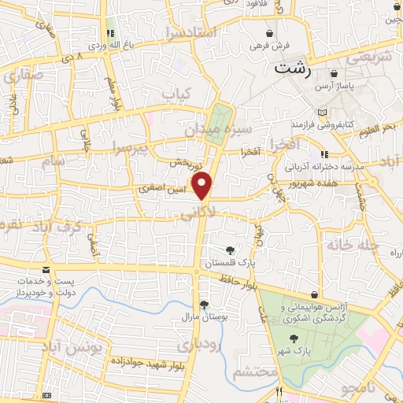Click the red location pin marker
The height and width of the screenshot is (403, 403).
tap(203, 186)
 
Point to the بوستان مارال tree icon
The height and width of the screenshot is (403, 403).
tap(204, 305)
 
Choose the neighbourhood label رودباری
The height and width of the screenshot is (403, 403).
tap(195, 345)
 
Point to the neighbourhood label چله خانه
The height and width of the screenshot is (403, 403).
tap(357, 246)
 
